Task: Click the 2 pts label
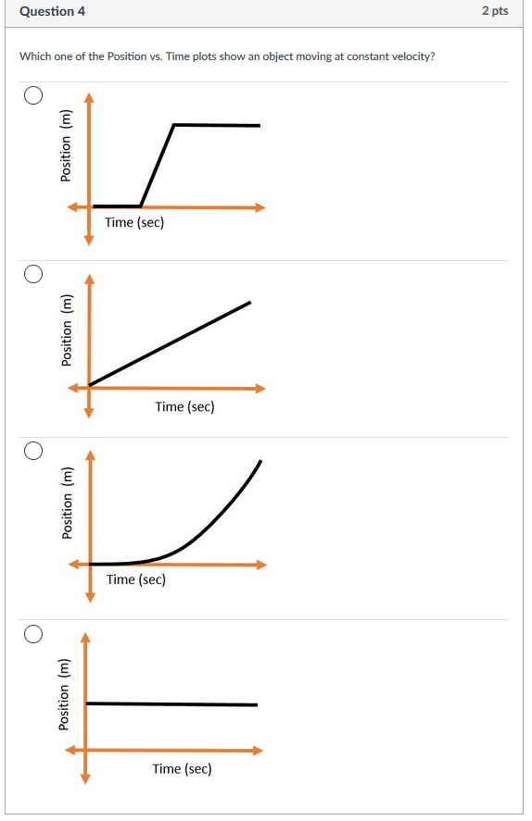495,11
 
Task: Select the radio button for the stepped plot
33,95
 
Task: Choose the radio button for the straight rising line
33,273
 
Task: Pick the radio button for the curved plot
33,451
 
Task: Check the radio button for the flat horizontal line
33,634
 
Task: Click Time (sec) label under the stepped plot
134,222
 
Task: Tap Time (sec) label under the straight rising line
184,406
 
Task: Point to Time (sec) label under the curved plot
136,579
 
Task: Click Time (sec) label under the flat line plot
182,768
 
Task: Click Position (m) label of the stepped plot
66,145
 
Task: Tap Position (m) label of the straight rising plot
66,330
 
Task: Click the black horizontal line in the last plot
171,704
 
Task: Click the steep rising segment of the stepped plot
157,166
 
